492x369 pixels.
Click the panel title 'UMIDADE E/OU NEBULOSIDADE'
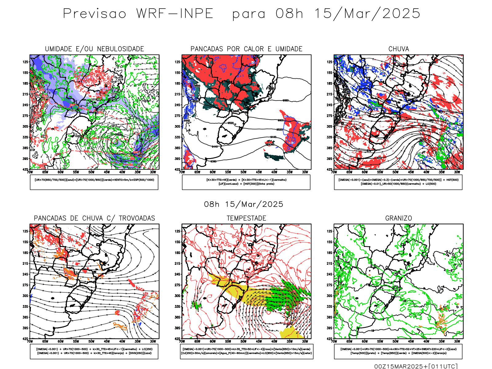point(94,49)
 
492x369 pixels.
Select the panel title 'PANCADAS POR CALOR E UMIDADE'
point(246,49)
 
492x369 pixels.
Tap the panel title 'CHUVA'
point(399,49)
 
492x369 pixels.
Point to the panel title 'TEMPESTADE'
point(246,218)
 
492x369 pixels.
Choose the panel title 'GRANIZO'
point(399,218)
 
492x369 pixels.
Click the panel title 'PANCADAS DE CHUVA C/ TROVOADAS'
point(94,218)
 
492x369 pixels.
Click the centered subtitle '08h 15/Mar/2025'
point(244,204)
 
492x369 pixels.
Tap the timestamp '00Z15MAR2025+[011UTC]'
point(416,366)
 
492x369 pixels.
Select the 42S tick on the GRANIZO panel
point(329,339)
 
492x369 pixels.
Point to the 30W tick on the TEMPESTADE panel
point(305,341)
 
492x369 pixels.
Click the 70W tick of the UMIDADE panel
point(30,172)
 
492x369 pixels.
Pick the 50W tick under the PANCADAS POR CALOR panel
point(243,172)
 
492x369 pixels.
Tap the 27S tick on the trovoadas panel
point(25,285)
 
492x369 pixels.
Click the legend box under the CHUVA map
point(398,182)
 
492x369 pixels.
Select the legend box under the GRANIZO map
point(398,351)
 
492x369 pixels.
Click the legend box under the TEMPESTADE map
point(246,351)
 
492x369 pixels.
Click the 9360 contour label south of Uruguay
point(213,161)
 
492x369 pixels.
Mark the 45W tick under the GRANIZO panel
point(411,341)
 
